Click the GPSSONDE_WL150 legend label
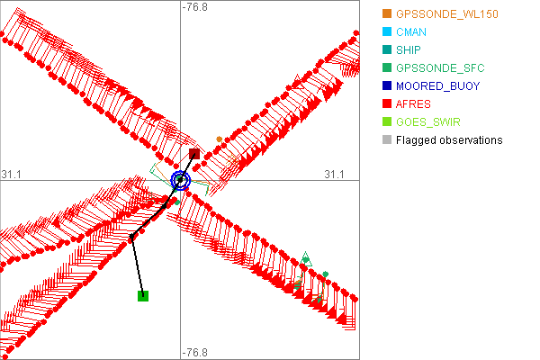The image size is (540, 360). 446,14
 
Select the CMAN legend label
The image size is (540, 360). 410,32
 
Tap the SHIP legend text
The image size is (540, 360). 409,50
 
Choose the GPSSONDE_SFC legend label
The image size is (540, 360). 440,68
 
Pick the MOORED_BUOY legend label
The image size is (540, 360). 437,86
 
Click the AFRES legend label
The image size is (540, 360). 413,104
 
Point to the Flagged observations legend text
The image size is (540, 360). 449,140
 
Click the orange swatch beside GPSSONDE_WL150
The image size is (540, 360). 387,14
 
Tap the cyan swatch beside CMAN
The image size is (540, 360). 387,32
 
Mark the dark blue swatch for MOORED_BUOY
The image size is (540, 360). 387,86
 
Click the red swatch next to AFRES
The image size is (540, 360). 387,104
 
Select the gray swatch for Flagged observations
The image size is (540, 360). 387,140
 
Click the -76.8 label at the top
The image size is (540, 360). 194,7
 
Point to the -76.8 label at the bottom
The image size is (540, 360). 194,353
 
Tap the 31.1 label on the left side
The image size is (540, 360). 12,174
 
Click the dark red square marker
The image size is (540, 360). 193,154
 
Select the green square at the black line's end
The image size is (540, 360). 142,295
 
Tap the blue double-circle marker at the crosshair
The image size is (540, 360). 181,180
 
